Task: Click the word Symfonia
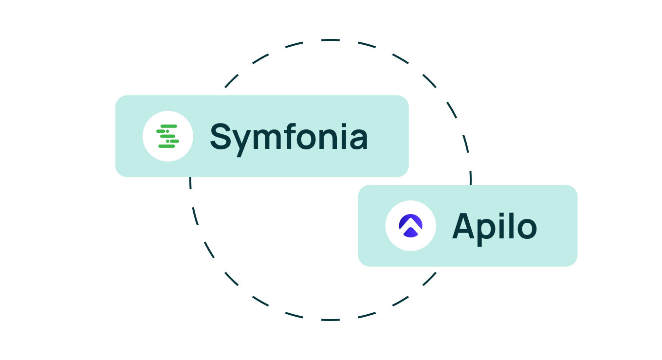[289, 137]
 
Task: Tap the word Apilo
[494, 226]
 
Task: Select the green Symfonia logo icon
[167, 136]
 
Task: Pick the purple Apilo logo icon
[410, 226]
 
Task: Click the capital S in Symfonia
[221, 137]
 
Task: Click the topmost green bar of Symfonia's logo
[168, 126]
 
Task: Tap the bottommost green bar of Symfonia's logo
[166, 146]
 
